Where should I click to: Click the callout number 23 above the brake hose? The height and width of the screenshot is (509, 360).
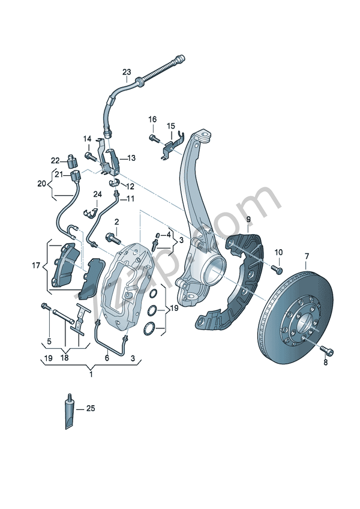127,72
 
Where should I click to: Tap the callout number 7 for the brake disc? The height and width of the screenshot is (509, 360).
307,258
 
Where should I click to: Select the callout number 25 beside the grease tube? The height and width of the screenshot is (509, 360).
91,409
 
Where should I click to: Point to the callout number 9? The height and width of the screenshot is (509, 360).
248,221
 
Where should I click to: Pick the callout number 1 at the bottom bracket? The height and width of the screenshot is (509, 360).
91,375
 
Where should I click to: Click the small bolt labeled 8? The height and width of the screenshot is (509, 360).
326,349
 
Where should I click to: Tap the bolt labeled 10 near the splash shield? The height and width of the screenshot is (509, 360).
277,267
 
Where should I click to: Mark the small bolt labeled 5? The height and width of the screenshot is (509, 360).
44,307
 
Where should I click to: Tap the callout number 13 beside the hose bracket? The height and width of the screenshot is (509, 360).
131,158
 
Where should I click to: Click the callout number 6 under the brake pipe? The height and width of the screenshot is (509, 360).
107,358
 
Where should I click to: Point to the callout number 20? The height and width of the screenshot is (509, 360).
41,183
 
